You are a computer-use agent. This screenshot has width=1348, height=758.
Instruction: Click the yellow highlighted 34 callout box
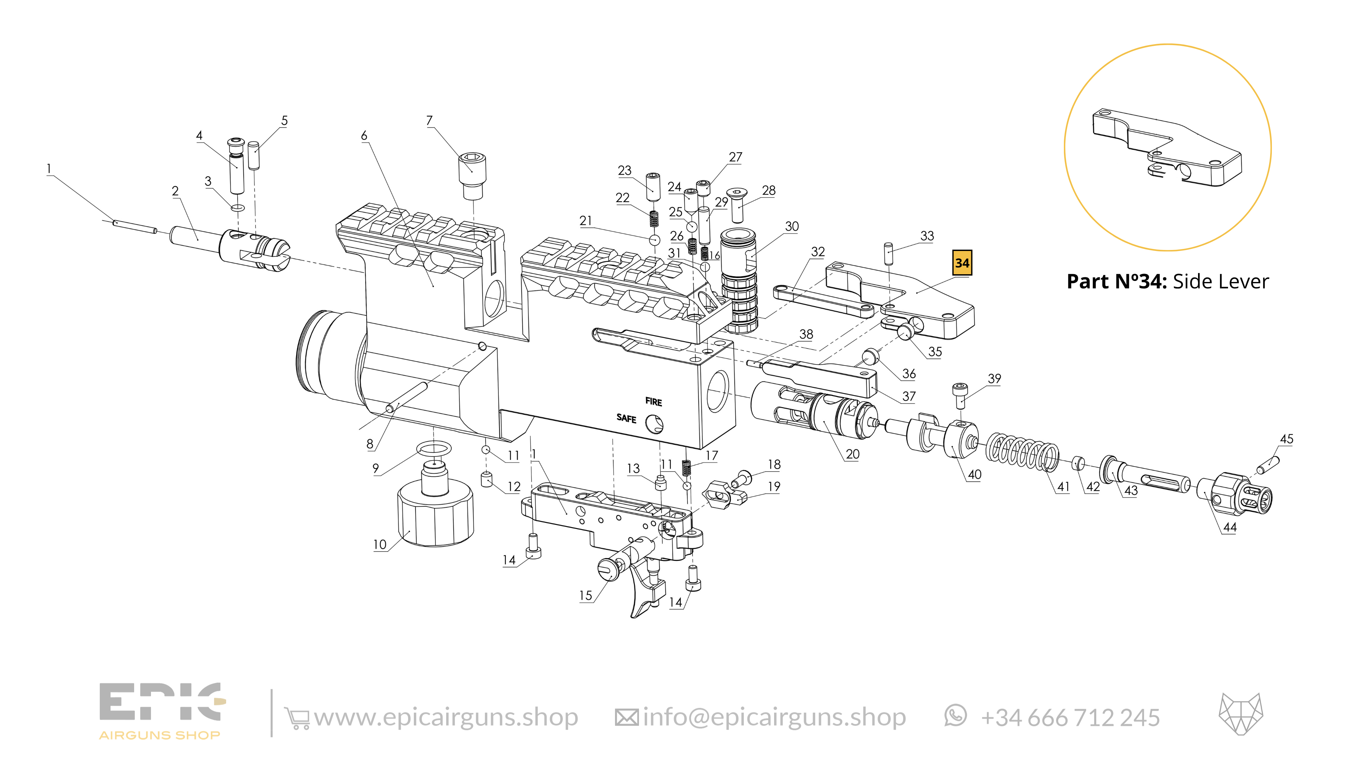click(x=962, y=263)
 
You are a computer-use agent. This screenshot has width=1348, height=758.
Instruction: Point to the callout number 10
click(x=379, y=544)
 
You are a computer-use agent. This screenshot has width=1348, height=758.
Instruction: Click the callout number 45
click(x=1286, y=439)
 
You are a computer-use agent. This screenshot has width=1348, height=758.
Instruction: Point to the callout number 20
click(x=853, y=454)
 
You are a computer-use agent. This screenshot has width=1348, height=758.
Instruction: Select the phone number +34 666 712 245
click(x=1070, y=717)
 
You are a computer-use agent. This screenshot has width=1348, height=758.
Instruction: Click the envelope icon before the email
click(x=626, y=717)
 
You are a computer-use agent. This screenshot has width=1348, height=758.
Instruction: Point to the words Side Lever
click(x=1220, y=281)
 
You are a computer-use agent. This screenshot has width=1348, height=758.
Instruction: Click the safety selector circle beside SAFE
click(x=654, y=424)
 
